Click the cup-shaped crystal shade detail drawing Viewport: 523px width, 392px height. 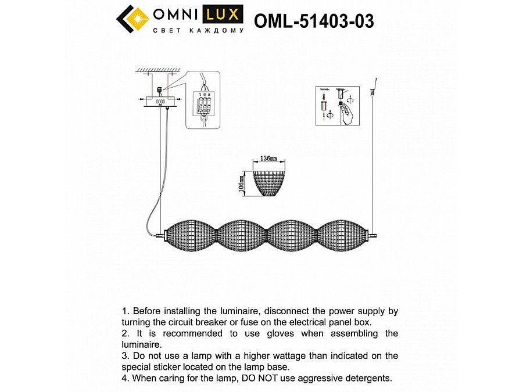(x=269, y=182)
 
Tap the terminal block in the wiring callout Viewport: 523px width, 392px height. (x=205, y=105)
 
